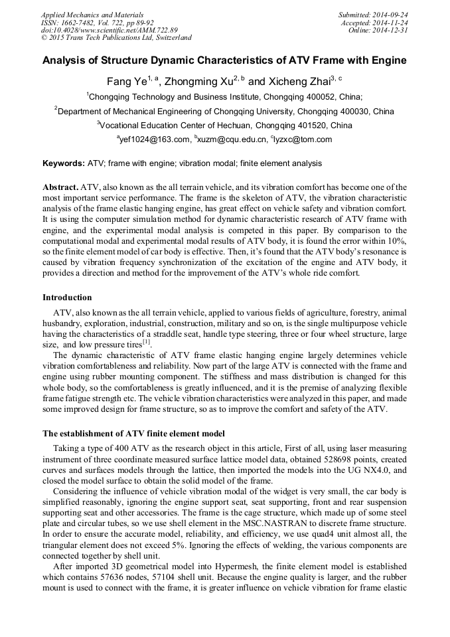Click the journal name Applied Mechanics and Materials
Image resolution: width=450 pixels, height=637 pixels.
point(92,15)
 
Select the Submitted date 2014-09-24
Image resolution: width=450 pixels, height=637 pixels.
point(391,15)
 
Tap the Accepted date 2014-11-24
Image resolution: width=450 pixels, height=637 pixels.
point(391,23)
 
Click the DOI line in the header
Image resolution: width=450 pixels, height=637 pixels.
point(110,31)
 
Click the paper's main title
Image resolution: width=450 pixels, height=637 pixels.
point(224,61)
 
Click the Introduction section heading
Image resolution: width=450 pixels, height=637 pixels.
point(67,297)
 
